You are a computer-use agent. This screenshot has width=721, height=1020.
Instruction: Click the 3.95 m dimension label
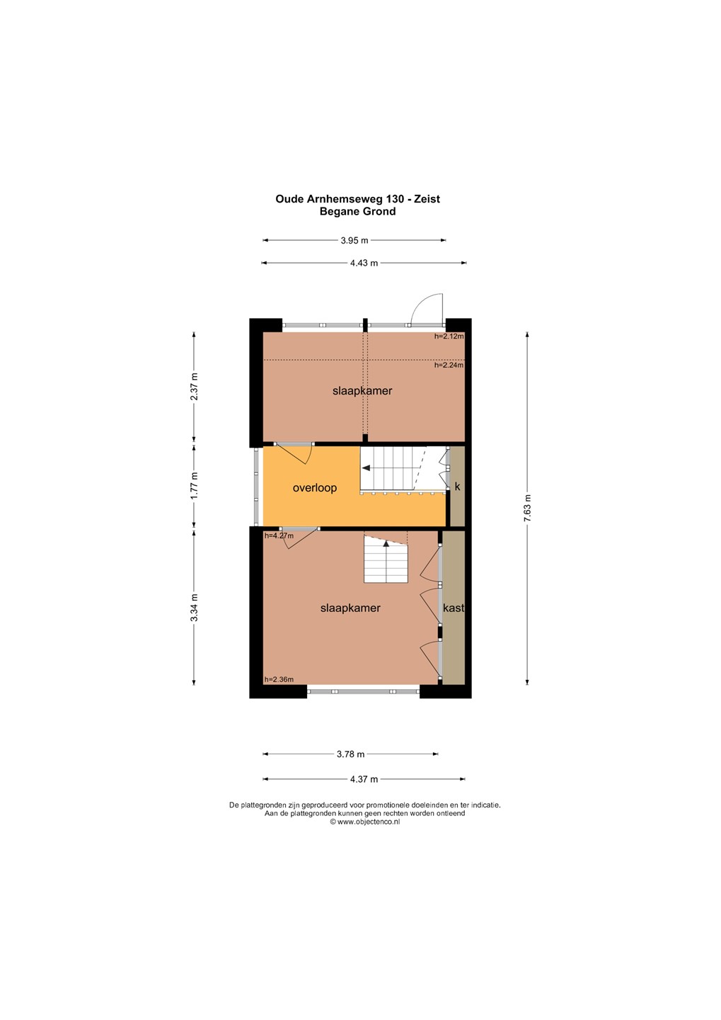point(354,240)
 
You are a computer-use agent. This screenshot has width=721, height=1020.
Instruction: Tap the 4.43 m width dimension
point(364,263)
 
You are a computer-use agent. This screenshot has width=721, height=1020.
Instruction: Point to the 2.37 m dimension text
point(195,386)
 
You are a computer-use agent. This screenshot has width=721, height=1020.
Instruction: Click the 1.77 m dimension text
point(195,485)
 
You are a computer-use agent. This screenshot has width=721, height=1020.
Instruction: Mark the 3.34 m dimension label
point(195,608)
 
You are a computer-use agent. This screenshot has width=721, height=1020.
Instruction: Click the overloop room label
point(315,488)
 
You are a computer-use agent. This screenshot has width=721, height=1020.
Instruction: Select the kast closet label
point(454,608)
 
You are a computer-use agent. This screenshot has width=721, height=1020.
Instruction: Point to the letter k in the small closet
point(457,487)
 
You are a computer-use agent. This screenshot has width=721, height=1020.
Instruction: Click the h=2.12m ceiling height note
point(449,336)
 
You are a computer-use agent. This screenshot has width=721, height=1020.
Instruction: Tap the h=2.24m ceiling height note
point(449,365)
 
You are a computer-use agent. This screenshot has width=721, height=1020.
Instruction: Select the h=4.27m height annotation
point(279,535)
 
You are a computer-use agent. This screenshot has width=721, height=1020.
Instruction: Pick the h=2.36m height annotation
point(279,679)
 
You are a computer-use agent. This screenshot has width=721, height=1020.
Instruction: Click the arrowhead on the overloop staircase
point(366,467)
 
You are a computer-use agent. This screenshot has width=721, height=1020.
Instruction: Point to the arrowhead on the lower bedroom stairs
point(386,543)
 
